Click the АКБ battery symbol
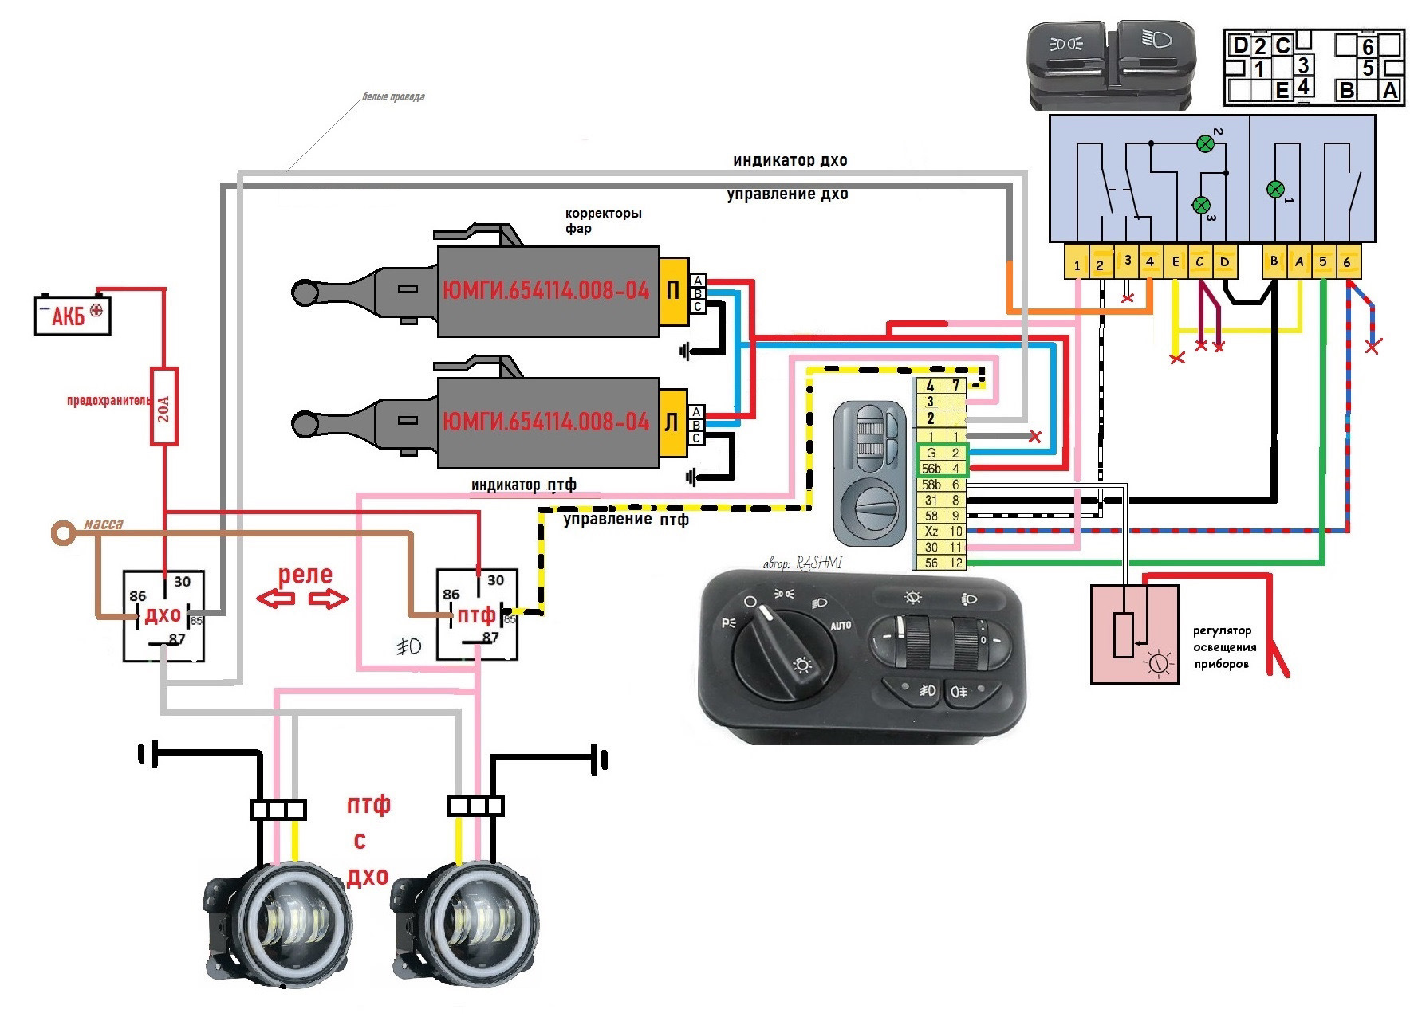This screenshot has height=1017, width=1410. click(73, 315)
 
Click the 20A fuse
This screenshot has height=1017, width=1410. click(164, 406)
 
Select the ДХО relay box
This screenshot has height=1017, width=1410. click(163, 615)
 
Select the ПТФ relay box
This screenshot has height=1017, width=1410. click(477, 615)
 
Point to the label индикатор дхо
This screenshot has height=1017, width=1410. click(790, 160)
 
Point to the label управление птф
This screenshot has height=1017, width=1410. click(625, 520)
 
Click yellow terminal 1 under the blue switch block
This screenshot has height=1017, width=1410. click(1077, 263)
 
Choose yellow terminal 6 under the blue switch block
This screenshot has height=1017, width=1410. click(1347, 262)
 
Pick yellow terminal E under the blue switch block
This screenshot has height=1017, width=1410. click(1176, 262)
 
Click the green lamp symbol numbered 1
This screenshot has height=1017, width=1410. click(1274, 190)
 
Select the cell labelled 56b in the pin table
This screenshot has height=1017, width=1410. click(931, 469)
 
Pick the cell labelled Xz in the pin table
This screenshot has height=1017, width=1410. click(931, 531)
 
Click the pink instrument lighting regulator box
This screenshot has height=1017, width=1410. click(1133, 634)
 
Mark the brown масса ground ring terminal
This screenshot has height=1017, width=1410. click(61, 532)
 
